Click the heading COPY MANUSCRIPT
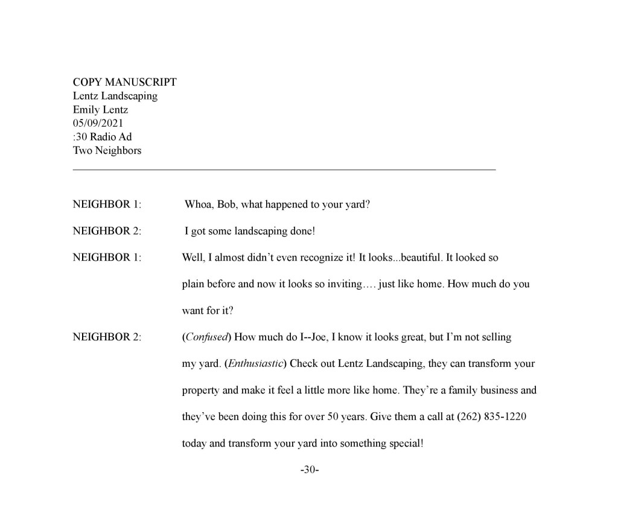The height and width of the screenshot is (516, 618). pos(124,82)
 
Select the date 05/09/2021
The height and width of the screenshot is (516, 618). pos(98,123)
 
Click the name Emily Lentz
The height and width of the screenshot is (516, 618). pos(100,110)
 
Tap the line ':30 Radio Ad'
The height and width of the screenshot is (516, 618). pos(102,137)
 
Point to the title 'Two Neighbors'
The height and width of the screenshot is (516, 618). pos(107,150)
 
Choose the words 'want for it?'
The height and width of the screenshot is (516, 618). pos(207,311)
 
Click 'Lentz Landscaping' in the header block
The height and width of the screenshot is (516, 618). pos(115,96)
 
